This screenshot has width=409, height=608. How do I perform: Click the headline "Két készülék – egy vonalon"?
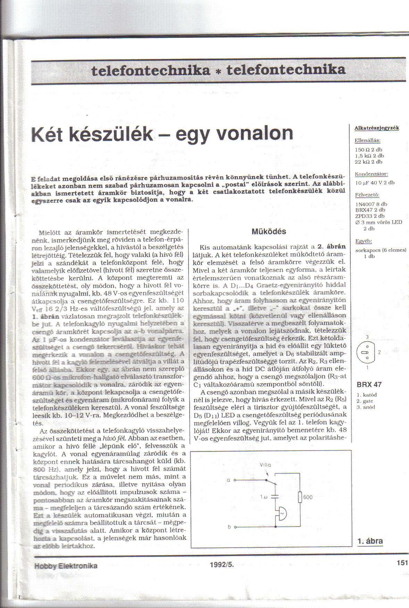162,134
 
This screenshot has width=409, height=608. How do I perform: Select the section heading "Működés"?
269,231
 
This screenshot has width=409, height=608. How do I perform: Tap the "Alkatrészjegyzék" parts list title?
377,128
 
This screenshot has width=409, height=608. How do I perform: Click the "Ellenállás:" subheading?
367,140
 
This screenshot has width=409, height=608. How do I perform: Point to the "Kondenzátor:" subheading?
371,174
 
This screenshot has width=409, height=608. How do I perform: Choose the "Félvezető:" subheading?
367,195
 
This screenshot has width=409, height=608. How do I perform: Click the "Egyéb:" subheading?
364,241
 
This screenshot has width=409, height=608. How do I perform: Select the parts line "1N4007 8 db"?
371,204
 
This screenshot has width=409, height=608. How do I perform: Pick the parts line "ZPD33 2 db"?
370,216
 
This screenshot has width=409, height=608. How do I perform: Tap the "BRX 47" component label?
369,385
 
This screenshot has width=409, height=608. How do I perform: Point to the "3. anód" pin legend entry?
366,407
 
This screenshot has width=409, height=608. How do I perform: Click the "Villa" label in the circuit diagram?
265,465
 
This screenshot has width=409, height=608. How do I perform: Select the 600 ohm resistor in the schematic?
300,497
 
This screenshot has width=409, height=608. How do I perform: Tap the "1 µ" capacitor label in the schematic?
264,497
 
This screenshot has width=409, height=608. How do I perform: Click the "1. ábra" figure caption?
370,541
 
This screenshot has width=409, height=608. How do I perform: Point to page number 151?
402,563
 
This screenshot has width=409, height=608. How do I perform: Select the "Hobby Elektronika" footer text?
66,566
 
